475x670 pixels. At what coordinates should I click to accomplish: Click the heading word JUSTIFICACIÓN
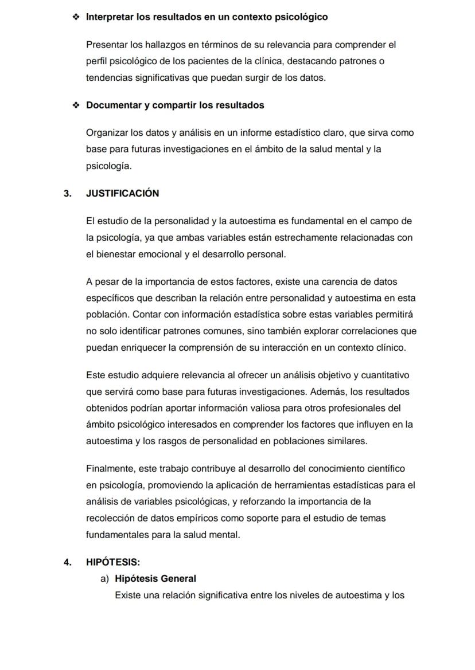(x=122, y=194)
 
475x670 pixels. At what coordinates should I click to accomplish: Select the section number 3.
(x=68, y=194)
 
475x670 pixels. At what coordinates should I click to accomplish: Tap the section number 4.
(x=68, y=562)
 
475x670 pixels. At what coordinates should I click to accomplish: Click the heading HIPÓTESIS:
(x=113, y=562)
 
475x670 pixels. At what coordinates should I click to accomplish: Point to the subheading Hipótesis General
(x=155, y=579)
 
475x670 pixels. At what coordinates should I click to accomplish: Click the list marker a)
(x=104, y=579)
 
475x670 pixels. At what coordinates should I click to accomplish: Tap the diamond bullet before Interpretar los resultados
(x=76, y=17)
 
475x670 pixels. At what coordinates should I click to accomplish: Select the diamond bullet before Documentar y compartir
(x=76, y=105)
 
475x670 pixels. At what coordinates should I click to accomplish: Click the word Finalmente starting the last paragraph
(x=110, y=469)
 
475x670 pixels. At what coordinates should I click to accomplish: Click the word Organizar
(x=107, y=133)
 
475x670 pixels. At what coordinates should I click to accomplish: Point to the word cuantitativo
(x=384, y=375)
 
